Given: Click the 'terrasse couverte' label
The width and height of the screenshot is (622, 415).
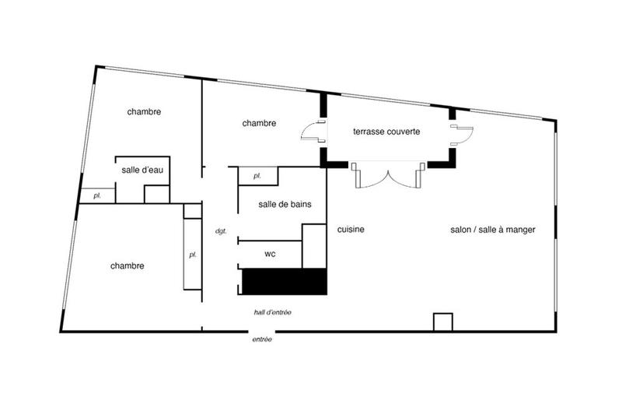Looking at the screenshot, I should [386, 132].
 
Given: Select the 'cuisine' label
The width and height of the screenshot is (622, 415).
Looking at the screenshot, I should [351, 230].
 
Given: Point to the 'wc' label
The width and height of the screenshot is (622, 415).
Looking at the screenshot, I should [271, 254].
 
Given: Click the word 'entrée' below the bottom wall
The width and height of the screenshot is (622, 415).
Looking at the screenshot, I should [261, 339].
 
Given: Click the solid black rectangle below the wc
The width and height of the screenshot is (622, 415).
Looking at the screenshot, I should [284, 281].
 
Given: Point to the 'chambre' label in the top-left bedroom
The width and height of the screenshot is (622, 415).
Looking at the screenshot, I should [144, 112].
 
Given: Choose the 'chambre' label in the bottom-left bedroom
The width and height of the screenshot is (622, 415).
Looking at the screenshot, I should [128, 266].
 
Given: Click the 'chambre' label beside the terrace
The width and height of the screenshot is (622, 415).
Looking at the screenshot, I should [259, 123].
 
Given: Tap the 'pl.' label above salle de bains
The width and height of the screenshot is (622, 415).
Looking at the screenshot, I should [257, 177].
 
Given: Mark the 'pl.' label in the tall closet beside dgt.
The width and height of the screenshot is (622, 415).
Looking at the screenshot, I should [192, 255].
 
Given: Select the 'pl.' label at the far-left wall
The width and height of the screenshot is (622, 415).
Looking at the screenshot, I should [97, 195].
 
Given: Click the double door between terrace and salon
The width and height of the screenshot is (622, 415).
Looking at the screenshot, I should [386, 175].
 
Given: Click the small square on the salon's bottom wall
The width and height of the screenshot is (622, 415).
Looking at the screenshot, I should [442, 322].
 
